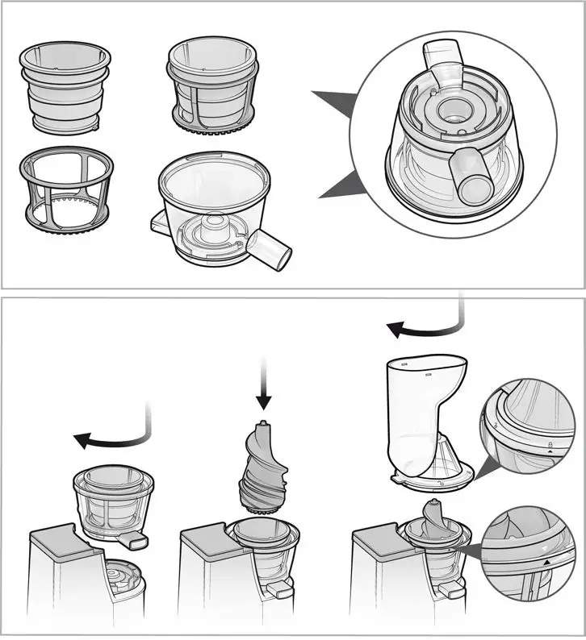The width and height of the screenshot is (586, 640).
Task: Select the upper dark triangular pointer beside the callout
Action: pos(335,106)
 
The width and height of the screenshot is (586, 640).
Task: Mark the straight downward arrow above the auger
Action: pos(263,384)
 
